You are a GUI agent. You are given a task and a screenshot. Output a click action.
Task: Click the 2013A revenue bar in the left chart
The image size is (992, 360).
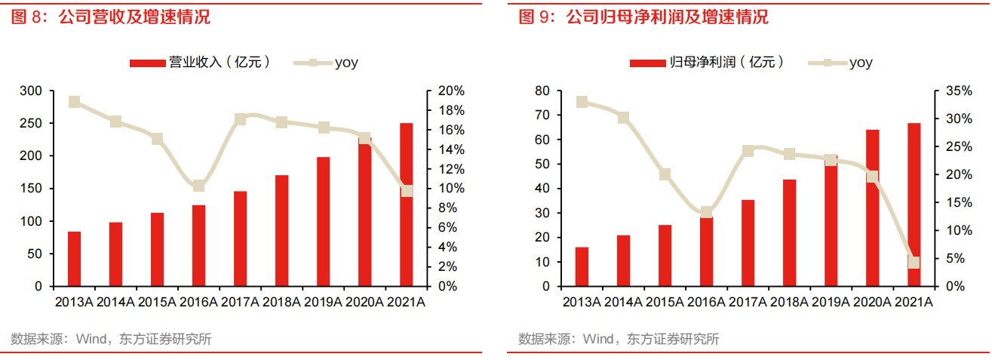click(74, 259)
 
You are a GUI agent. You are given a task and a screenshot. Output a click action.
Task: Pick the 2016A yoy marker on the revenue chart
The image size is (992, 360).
click(198, 186)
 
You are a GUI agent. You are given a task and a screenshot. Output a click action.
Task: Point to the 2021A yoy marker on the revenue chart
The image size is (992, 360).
click(407, 191)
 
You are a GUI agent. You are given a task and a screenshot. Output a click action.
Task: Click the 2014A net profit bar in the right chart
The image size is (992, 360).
click(623, 261)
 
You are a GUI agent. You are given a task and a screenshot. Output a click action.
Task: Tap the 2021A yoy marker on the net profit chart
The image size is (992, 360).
click(914, 263)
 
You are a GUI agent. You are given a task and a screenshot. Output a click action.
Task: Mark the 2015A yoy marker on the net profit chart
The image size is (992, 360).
click(665, 174)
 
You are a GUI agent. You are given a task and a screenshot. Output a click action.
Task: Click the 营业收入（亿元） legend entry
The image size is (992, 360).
click(200, 63)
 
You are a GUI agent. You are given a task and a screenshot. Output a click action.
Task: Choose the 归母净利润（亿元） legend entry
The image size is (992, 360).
click(707, 63)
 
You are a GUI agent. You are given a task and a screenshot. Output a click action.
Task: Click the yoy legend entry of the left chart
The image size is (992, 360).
click(324, 63)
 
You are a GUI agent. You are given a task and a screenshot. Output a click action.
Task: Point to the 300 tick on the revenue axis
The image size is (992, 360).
click(32, 91)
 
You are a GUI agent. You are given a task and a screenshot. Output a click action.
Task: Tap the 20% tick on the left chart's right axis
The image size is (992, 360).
click(451, 91)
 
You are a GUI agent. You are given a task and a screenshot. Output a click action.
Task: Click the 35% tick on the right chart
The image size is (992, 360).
click(959, 91)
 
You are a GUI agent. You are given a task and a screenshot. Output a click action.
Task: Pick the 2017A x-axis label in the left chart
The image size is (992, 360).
click(240, 302)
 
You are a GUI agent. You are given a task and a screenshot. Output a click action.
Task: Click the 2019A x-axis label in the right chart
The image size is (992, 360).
click(831, 302)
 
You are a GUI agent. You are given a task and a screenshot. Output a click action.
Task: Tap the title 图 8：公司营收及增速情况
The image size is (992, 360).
click(111, 17)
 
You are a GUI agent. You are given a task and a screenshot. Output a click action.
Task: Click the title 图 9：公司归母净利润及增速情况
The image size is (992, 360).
click(643, 17)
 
